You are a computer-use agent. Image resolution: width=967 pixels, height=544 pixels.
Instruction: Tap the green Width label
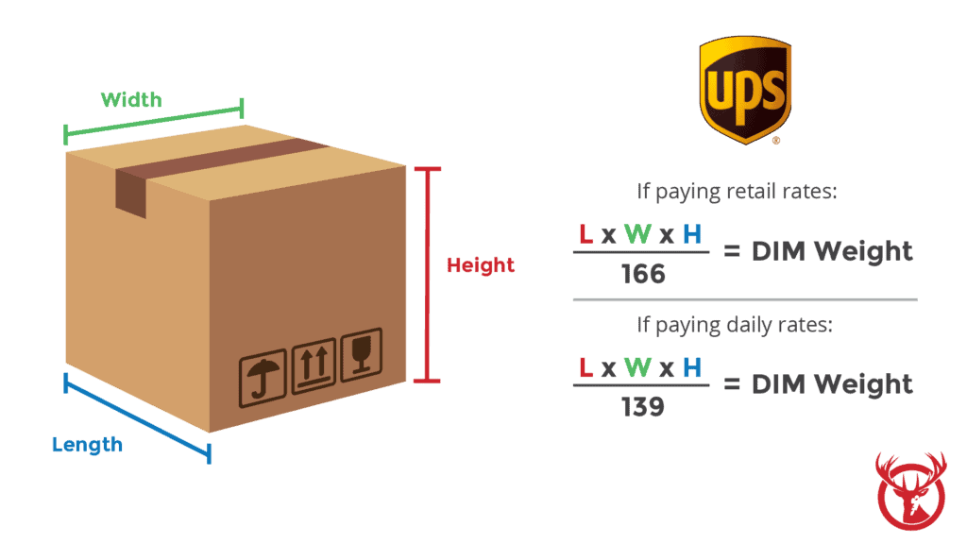pyautogui.click(x=131, y=99)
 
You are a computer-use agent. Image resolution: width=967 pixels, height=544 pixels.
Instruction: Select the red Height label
pyautogui.click(x=481, y=265)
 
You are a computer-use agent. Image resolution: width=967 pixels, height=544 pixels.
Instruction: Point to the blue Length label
pyautogui.click(x=87, y=444)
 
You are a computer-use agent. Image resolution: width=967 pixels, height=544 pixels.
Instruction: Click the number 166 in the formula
pyautogui.click(x=643, y=275)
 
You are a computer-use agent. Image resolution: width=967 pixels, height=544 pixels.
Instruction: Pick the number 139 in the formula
pyautogui.click(x=643, y=407)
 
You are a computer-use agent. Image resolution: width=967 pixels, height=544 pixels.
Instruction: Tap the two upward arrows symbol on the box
pyautogui.click(x=313, y=366)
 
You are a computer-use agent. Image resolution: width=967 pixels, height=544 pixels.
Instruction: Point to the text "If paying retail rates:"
pyautogui.click(x=738, y=193)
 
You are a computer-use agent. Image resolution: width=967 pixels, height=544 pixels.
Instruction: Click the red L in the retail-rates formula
pyautogui.click(x=585, y=234)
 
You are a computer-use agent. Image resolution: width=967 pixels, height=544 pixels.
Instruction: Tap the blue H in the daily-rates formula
pyautogui.click(x=692, y=367)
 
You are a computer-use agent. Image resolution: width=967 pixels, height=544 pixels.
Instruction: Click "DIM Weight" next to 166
pyautogui.click(x=832, y=251)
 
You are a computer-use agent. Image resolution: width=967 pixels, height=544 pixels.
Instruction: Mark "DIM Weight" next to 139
pyautogui.click(x=832, y=383)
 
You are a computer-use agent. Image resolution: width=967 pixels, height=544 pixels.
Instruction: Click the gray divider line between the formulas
pyautogui.click(x=745, y=299)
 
